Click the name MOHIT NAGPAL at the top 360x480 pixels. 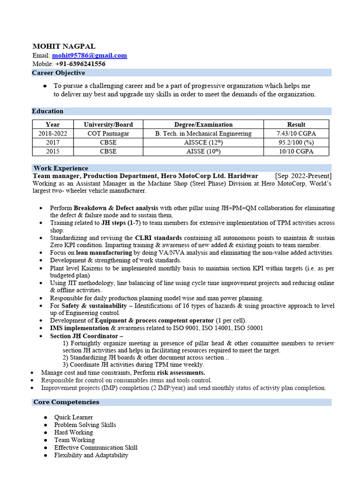click(x=64, y=46)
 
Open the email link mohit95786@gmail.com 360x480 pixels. click(x=89, y=55)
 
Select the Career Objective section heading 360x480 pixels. click(x=59, y=73)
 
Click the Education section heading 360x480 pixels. click(x=47, y=111)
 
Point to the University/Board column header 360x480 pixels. click(x=108, y=125)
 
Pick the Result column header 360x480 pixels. click(x=296, y=125)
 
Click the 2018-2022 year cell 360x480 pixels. click(x=53, y=134)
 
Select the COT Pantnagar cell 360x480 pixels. click(x=108, y=134)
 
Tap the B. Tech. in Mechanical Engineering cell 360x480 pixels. click(x=203, y=134)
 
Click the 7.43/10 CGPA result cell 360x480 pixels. click(x=296, y=134)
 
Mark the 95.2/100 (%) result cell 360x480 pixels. click(x=296, y=142)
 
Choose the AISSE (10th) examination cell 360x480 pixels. click(x=203, y=151)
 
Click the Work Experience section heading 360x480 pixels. click(x=60, y=168)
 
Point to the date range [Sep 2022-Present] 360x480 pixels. click(x=303, y=175)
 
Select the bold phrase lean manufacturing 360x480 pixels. click(x=104, y=253)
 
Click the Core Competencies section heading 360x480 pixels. click(x=66, y=402)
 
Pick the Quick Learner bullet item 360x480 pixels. click(x=74, y=417)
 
